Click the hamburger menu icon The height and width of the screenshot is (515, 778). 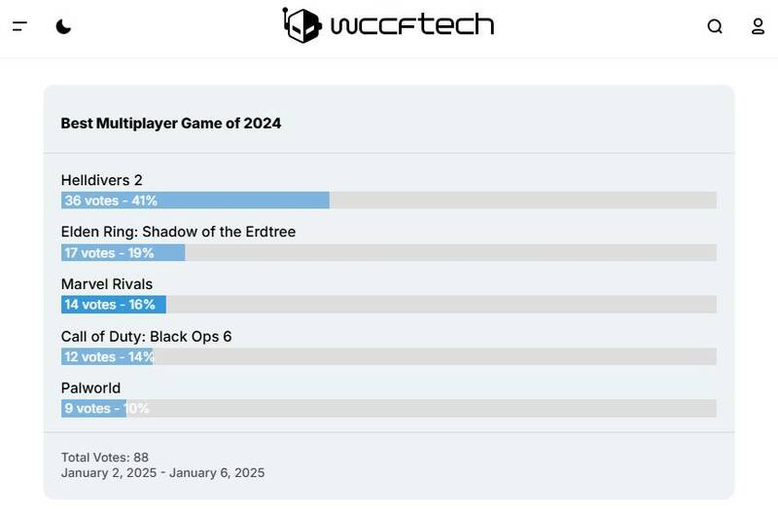tap(19, 26)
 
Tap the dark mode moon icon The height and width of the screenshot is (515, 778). tap(63, 26)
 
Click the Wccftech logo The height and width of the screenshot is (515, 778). tap(388, 25)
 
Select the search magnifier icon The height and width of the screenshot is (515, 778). tap(715, 26)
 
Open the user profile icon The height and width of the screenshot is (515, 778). tap(759, 26)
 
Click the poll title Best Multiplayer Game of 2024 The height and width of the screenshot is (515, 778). tap(171, 124)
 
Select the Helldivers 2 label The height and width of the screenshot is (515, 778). tap(102, 180)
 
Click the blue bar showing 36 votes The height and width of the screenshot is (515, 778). tap(194, 201)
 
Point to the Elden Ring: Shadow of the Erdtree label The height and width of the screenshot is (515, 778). tap(178, 232)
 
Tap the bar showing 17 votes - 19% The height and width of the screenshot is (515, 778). tap(123, 253)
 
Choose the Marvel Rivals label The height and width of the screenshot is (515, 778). tap(107, 284)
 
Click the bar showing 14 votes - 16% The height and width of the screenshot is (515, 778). tap(113, 305)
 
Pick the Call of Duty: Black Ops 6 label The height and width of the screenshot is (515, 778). tap(146, 337)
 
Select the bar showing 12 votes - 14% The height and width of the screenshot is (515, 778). tap(107, 356)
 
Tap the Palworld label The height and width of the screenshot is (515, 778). tap(90, 388)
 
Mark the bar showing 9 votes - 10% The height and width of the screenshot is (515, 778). tap(93, 409)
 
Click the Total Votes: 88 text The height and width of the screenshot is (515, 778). tap(105, 458)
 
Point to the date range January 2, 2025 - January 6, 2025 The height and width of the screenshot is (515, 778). tap(162, 473)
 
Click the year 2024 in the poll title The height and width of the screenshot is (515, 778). tap(263, 124)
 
